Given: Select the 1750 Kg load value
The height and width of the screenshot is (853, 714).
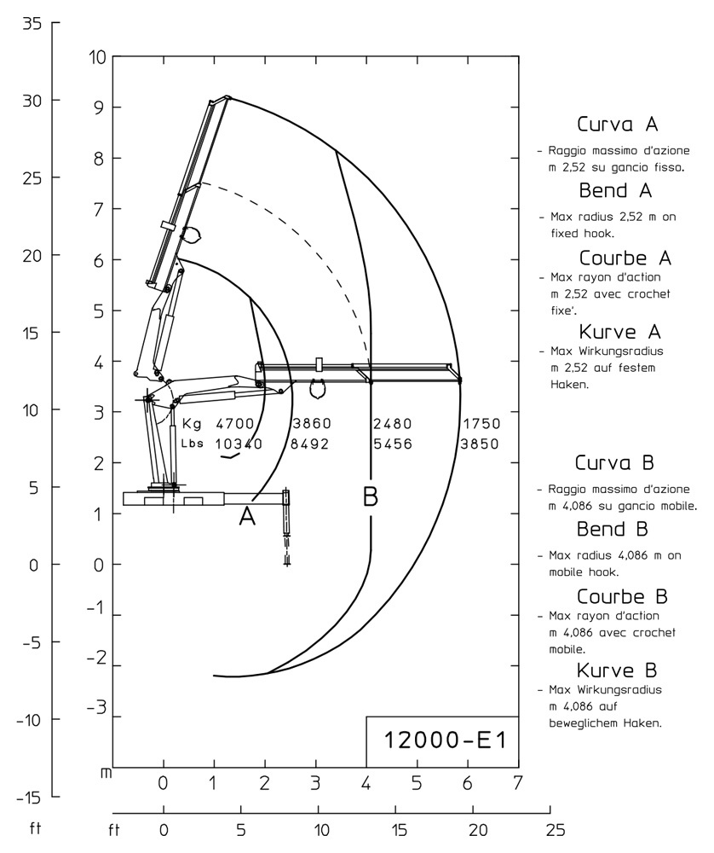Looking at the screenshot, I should point(481,423).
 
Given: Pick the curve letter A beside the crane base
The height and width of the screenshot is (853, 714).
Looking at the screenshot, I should point(247,516).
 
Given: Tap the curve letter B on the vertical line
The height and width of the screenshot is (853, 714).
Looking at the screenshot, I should point(371,496).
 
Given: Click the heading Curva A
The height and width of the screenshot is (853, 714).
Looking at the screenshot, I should point(617,125).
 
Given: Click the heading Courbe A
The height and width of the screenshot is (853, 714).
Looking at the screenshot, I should point(625,258).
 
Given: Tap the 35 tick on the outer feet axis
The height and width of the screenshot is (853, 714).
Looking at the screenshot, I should point(32,23).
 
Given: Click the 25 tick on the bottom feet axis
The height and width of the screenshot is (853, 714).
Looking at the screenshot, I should point(555,829).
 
